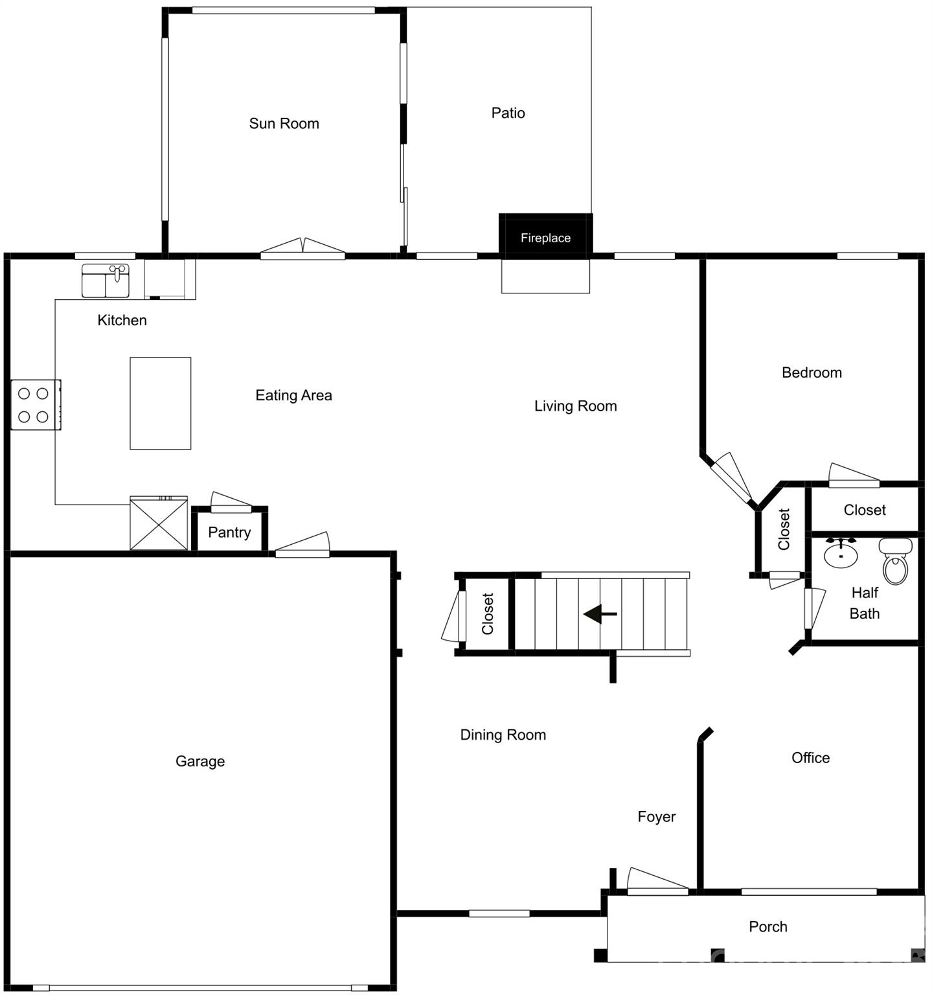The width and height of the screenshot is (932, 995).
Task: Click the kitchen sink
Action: click(x=105, y=280)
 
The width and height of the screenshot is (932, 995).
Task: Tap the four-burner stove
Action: click(x=35, y=405)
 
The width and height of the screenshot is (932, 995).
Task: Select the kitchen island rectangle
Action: click(x=160, y=403)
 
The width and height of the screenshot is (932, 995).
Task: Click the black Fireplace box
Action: click(x=545, y=236)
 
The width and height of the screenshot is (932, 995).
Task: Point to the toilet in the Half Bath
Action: click(x=895, y=562)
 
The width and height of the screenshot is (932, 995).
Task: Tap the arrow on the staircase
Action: click(x=600, y=613)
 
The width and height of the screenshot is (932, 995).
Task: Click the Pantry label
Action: click(x=229, y=532)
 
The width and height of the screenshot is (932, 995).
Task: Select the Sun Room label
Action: click(x=284, y=124)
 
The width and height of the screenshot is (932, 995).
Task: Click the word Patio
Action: click(x=508, y=113)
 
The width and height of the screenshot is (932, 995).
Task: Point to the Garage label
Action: click(x=200, y=761)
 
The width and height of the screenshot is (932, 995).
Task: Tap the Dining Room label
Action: click(x=503, y=735)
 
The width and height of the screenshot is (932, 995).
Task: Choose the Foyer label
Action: click(x=656, y=817)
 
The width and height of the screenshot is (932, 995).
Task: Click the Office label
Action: click(x=810, y=758)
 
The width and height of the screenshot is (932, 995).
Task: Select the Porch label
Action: click(x=767, y=927)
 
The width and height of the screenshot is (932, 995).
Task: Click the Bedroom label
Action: click(x=812, y=372)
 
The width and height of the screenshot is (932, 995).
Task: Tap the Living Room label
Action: click(x=575, y=406)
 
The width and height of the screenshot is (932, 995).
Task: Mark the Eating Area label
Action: click(x=293, y=395)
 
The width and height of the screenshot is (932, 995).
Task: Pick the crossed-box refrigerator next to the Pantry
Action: click(x=159, y=523)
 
